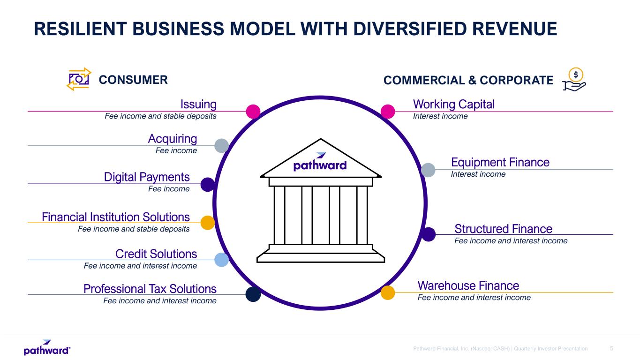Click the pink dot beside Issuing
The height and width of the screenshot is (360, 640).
coord(253,112)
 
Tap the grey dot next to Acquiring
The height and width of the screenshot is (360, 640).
coord(221,146)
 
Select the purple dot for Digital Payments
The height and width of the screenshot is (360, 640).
coord(208,185)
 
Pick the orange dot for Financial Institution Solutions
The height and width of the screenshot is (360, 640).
coord(208,223)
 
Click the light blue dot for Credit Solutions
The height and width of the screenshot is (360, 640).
coord(221,260)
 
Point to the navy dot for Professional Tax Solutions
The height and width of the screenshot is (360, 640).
coord(253,294)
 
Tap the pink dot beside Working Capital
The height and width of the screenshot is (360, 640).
coord(388,112)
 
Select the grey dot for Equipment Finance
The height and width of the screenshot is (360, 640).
coord(428,170)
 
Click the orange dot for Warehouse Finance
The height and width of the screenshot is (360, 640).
coord(388,293)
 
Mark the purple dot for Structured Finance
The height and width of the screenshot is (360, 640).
coord(428,234)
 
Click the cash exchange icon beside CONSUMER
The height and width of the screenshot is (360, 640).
coord(79,79)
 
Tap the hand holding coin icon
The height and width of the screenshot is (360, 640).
coord(574,79)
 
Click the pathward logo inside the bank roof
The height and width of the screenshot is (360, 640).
coord(320,162)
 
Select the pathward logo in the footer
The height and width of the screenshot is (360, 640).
coord(47,348)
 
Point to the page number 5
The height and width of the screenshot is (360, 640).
coord(611,349)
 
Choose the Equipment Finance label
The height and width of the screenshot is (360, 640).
coord(500,162)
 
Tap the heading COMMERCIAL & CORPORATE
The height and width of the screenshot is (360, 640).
coord(468,80)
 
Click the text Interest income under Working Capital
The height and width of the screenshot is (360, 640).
coord(440,116)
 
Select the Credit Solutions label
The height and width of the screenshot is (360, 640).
coord(156,254)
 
